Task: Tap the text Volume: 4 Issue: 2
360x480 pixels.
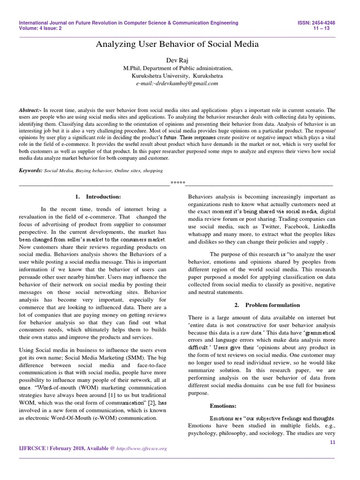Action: tap(40, 28)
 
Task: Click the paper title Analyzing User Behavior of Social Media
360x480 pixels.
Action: tap(177, 45)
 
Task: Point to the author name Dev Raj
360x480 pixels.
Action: tap(177, 60)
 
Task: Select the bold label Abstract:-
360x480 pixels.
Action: tap(30, 109)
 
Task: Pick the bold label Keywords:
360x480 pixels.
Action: tap(30, 172)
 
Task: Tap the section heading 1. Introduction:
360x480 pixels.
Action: tap(91, 196)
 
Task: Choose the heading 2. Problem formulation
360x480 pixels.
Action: tap(261, 305)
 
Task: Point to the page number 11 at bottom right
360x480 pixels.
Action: tap(333, 442)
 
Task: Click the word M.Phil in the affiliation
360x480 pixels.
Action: tap(131, 68)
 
